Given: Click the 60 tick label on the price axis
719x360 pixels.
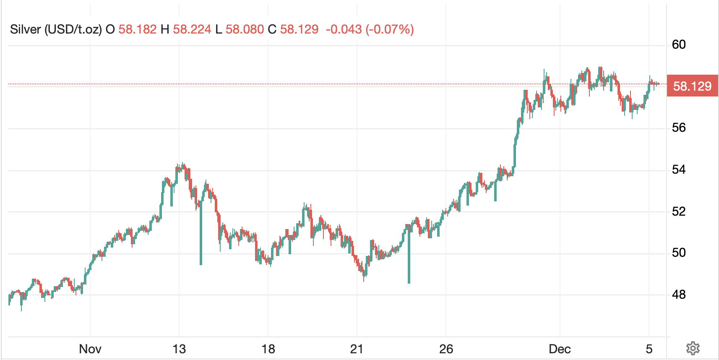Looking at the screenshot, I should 679,44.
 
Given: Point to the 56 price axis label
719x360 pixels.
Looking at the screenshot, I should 679,128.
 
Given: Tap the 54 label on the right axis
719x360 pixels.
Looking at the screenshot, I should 679,170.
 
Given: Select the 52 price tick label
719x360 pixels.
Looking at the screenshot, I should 679,211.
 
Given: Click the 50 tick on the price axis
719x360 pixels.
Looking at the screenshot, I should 679,253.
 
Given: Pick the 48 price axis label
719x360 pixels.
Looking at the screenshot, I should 679,295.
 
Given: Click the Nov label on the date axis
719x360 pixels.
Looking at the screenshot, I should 90,349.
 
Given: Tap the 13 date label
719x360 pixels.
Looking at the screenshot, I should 179,349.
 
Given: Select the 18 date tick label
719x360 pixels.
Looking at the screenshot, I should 268,349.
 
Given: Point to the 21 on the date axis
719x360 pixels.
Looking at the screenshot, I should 357,349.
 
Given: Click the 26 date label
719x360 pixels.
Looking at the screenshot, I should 446,349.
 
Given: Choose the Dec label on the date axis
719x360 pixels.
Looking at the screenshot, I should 560,349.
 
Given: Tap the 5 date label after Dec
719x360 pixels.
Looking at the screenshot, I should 649,349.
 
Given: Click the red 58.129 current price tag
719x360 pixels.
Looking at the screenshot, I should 692,86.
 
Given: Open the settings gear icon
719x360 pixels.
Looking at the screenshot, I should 693,348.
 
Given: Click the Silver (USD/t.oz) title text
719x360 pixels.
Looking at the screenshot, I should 56,29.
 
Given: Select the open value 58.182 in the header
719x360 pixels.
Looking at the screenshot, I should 137,29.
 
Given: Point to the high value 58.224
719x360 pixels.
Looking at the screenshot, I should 192,29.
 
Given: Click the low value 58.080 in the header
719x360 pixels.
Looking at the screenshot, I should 245,29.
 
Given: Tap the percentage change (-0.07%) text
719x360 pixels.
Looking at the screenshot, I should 390,29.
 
